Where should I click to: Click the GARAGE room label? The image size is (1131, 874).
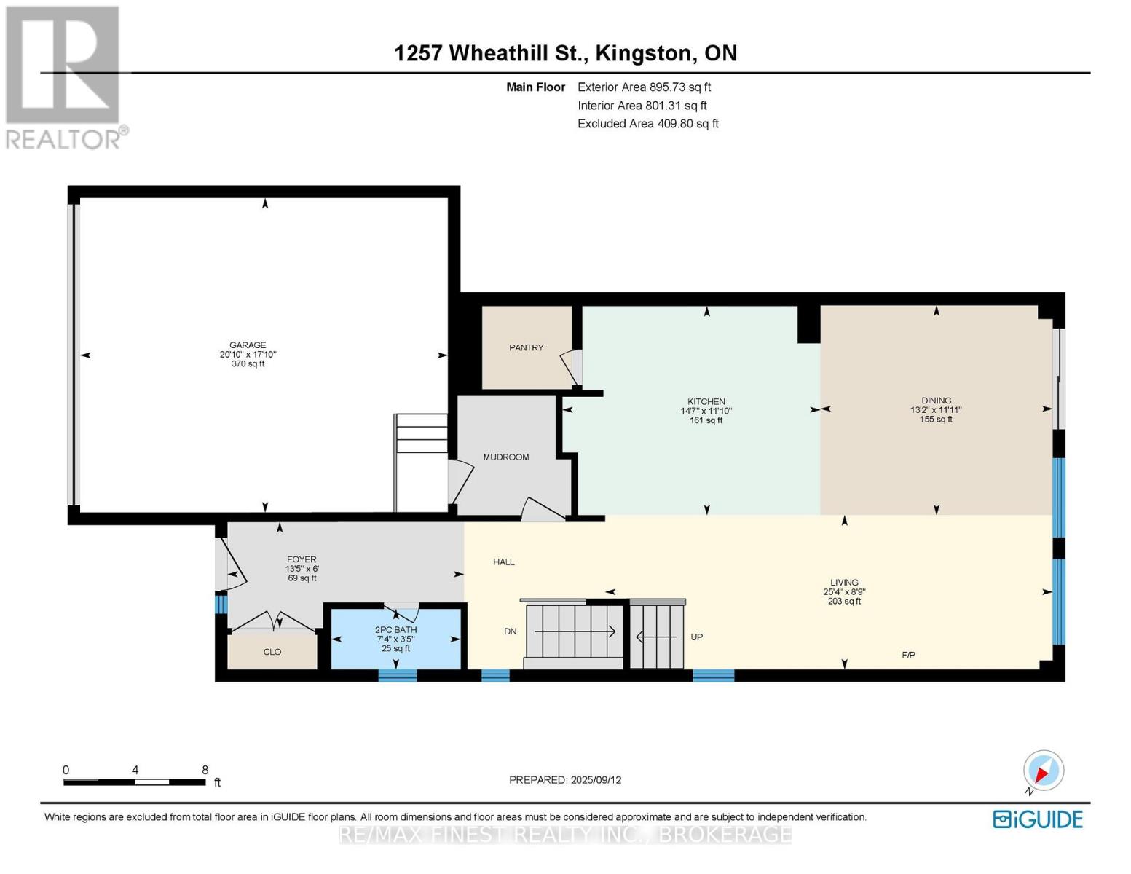(x=248, y=345)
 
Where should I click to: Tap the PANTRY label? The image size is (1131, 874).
(x=526, y=347)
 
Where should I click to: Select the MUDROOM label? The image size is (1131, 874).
(x=505, y=457)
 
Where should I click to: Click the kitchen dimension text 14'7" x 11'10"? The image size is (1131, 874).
(x=706, y=411)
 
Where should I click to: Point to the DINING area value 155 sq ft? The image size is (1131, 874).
(x=936, y=420)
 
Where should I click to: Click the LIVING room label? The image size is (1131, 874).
(x=844, y=583)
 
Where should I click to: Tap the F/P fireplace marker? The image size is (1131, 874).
(x=908, y=655)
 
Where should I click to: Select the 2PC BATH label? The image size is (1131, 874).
(x=395, y=630)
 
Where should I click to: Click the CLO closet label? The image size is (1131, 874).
(x=272, y=652)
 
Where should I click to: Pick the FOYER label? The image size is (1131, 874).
(x=302, y=559)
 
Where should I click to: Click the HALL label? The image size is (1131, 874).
(x=503, y=562)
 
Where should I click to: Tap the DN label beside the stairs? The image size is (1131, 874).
(x=510, y=631)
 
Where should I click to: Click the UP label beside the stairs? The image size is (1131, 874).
(x=696, y=637)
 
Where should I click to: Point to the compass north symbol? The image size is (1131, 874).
(x=1043, y=771)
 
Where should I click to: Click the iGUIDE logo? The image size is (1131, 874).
(x=1037, y=819)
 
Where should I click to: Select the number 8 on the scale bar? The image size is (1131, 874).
(x=205, y=770)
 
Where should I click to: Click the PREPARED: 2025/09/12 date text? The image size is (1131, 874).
(x=564, y=780)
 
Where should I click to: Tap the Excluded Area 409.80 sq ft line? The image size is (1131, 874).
(x=647, y=124)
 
